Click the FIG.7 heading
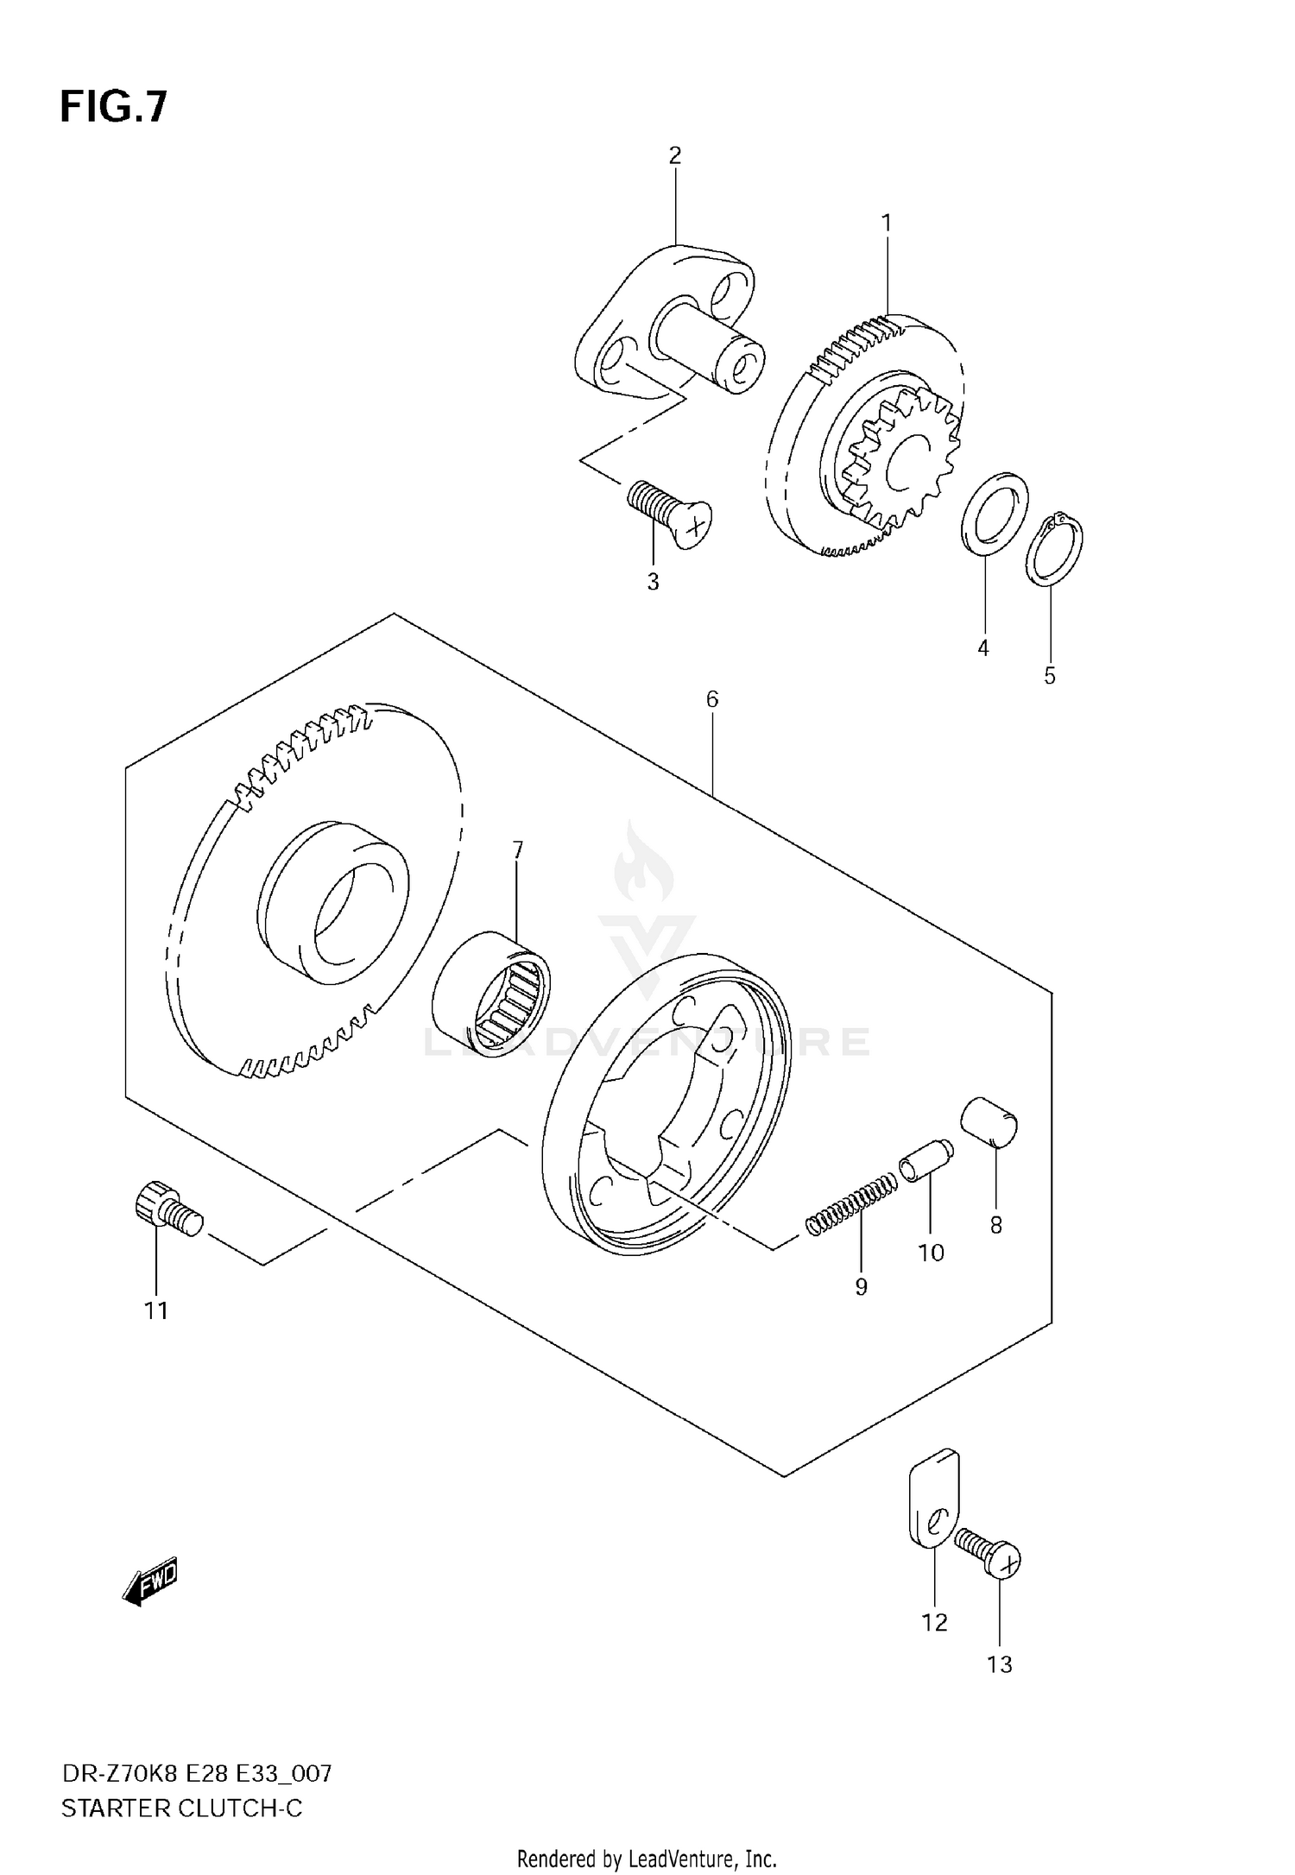[x=114, y=108]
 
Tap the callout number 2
[x=674, y=155]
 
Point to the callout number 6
[x=711, y=699]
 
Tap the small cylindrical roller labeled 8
[x=989, y=1122]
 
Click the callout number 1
[x=886, y=224]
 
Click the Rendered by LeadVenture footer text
[x=647, y=1859]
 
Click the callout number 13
[x=999, y=1664]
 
